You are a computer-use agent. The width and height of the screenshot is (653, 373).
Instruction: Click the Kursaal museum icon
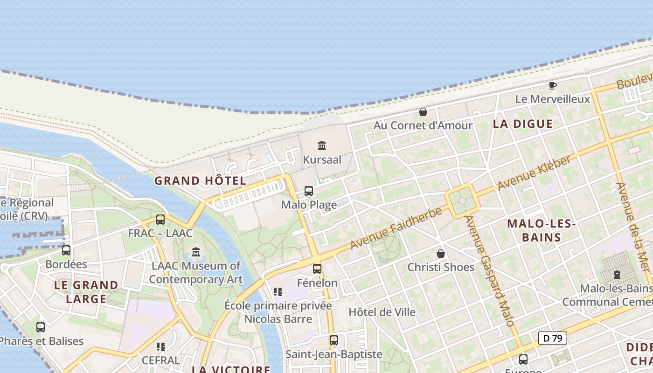click(x=321, y=146)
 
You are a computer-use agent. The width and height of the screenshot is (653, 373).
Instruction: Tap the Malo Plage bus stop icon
click(x=309, y=191)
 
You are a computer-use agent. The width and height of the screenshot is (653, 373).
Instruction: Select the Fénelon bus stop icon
click(x=317, y=269)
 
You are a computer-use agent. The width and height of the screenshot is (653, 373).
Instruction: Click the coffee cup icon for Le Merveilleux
click(x=553, y=85)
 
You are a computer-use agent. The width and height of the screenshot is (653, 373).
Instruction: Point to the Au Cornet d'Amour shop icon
click(x=423, y=112)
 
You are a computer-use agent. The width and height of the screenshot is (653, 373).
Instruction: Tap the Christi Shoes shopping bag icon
click(x=441, y=254)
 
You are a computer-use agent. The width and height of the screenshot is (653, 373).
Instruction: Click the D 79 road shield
click(x=553, y=338)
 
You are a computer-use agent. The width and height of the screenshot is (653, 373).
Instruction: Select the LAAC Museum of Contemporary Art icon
click(x=196, y=252)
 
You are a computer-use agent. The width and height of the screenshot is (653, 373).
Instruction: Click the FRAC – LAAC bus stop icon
click(x=160, y=219)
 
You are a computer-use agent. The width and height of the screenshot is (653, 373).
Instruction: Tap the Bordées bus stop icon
click(x=66, y=250)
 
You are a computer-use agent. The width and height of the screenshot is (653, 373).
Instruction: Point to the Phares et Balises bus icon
click(x=41, y=327)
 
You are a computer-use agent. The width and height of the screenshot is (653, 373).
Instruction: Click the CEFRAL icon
click(x=161, y=346)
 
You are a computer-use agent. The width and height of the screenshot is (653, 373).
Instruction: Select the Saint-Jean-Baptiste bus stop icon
click(x=333, y=340)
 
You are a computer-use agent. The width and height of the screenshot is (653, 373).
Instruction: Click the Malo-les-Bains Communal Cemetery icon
click(x=618, y=275)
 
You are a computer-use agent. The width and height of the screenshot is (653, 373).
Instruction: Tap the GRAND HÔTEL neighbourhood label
click(x=200, y=180)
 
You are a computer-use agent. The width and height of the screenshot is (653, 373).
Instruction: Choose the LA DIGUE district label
click(x=523, y=124)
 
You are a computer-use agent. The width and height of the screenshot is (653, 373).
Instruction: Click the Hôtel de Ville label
click(x=382, y=312)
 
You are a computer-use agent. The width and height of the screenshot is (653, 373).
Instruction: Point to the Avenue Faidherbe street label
click(x=396, y=228)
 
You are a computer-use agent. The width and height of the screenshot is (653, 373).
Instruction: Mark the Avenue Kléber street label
click(x=534, y=173)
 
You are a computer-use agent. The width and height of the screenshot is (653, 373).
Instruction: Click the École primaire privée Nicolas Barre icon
click(x=278, y=292)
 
